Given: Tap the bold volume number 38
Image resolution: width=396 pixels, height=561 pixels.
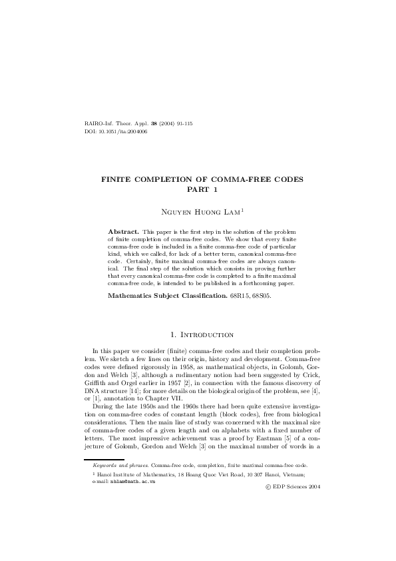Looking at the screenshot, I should (x=154, y=124).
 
